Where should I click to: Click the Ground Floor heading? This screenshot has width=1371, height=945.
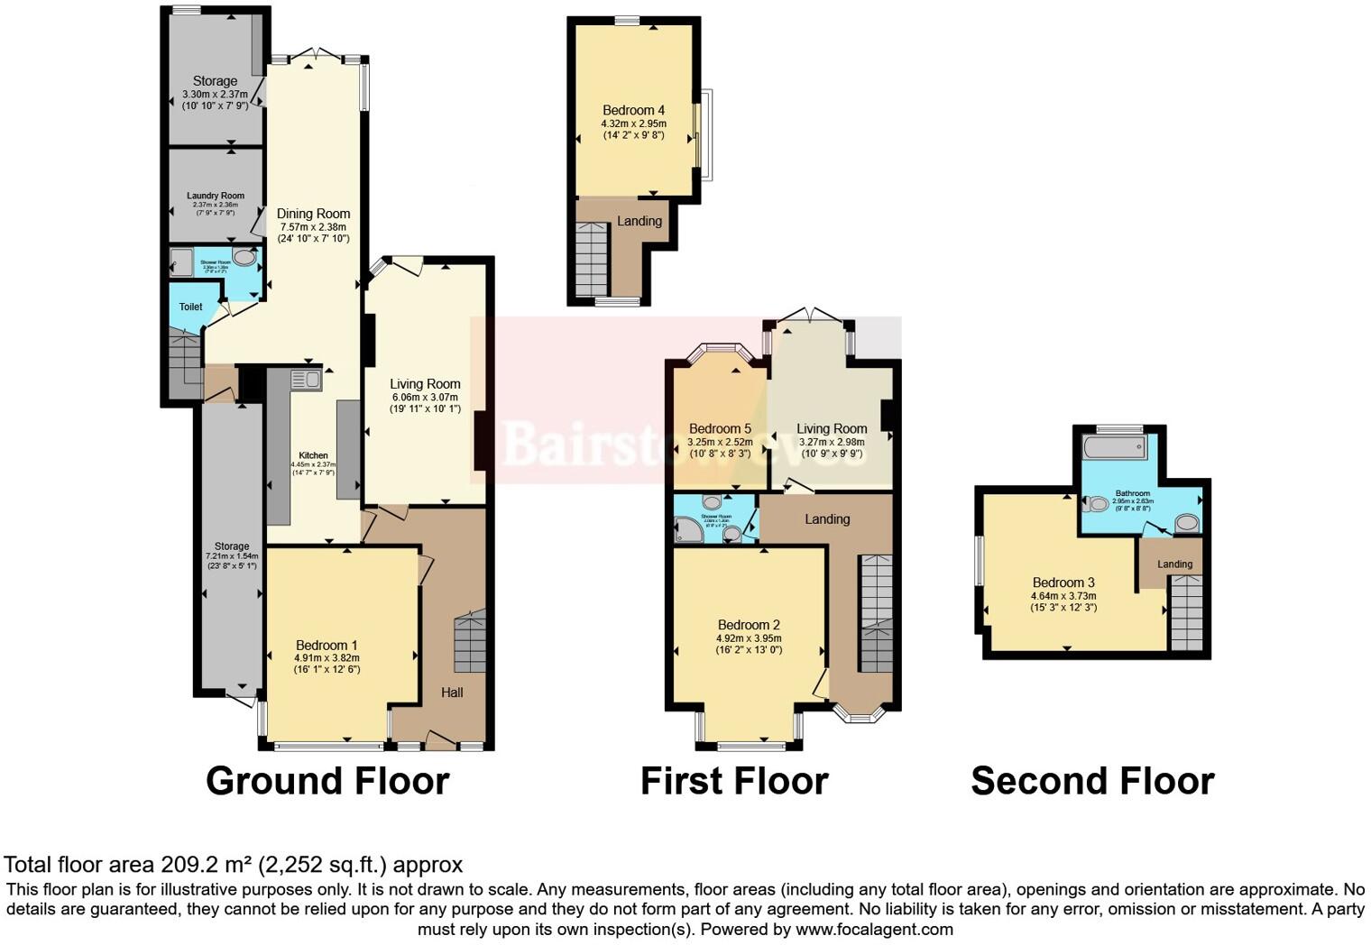pyautogui.click(x=327, y=781)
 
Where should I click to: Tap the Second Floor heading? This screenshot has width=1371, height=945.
pyautogui.click(x=1092, y=781)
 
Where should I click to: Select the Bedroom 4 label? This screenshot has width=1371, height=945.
pyautogui.click(x=633, y=110)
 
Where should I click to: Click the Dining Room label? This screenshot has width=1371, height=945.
pyautogui.click(x=313, y=214)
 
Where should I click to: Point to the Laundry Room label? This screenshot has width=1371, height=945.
pyautogui.click(x=216, y=196)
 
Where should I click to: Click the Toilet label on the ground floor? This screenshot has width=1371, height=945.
pyautogui.click(x=190, y=307)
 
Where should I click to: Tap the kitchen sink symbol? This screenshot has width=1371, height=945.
pyautogui.click(x=306, y=381)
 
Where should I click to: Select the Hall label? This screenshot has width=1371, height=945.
pyautogui.click(x=452, y=693)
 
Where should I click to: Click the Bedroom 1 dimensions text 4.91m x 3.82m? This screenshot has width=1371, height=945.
pyautogui.click(x=327, y=658)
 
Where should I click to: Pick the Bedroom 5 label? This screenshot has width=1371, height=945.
pyautogui.click(x=720, y=428)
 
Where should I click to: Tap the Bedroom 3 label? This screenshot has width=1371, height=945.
pyautogui.click(x=1063, y=583)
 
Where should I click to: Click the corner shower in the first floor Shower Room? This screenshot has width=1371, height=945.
pyautogui.click(x=688, y=530)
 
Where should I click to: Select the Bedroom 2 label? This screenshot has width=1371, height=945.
pyautogui.click(x=749, y=625)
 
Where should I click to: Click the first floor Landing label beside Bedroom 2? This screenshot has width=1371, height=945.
pyautogui.click(x=827, y=519)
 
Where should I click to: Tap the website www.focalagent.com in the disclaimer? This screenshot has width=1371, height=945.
pyautogui.click(x=874, y=929)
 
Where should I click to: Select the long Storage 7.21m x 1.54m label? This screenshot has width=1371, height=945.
pyautogui.click(x=232, y=546)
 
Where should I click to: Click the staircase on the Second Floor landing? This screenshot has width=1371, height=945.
pyautogui.click(x=1186, y=612)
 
